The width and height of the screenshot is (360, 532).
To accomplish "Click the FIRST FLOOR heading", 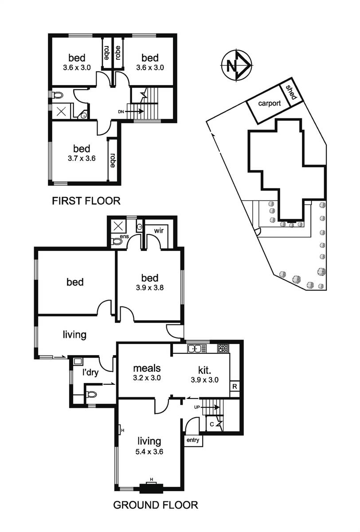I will [86, 201].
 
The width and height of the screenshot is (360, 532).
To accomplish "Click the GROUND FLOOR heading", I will [155, 505].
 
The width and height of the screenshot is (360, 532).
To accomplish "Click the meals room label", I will [147, 368].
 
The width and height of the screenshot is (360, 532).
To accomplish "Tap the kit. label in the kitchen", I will [206, 369].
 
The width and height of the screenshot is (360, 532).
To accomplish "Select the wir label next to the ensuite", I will [159, 231].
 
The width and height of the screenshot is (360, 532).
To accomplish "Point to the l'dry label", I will [90, 372].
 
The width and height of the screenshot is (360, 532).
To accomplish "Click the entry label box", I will [193, 440].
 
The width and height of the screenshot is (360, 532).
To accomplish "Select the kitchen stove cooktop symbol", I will [222, 348].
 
